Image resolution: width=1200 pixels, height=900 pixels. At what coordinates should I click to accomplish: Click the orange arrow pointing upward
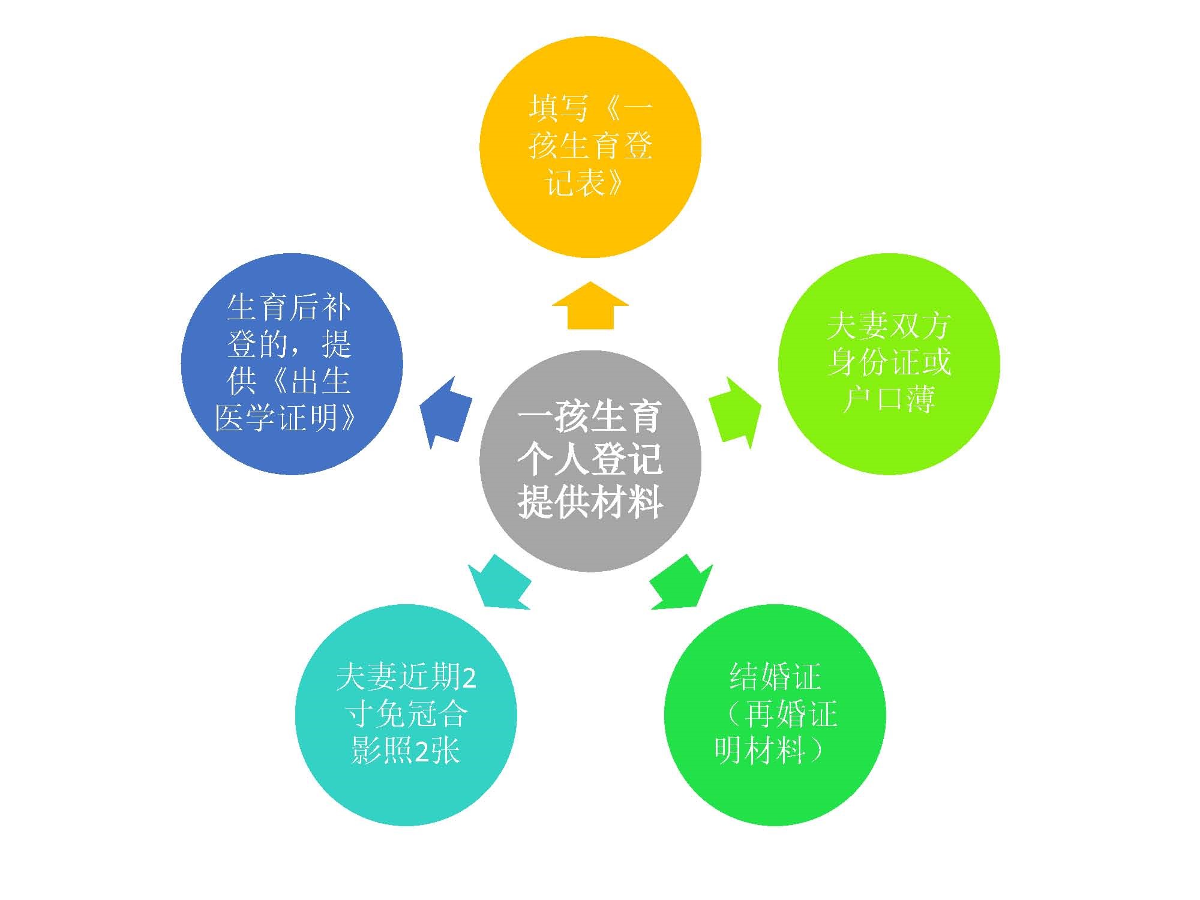pyautogui.click(x=590, y=305)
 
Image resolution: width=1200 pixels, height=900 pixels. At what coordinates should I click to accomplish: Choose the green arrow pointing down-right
pyautogui.click(x=682, y=582)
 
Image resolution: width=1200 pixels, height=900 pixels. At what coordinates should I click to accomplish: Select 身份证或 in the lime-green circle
pyautogui.click(x=889, y=362)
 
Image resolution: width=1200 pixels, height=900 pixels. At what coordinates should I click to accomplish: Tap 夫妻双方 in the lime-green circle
pyautogui.click(x=889, y=325)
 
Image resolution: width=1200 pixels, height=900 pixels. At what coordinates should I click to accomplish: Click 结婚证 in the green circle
pyautogui.click(x=775, y=676)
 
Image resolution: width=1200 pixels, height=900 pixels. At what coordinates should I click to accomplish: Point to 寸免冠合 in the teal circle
pyautogui.click(x=406, y=713)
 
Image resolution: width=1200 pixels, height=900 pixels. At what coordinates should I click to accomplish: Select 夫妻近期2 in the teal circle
pyautogui.click(x=406, y=677)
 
